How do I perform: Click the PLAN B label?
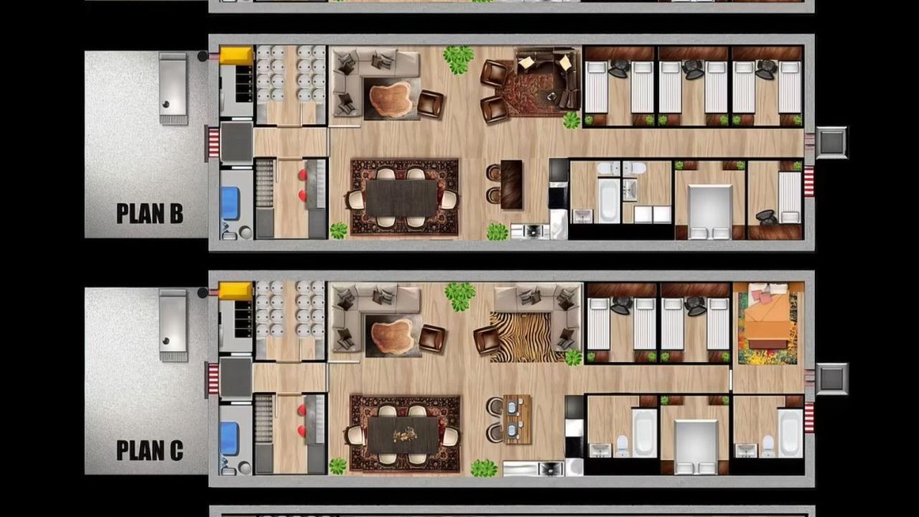(150, 213)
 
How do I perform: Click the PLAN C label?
(150, 450)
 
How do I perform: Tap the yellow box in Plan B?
(236, 56)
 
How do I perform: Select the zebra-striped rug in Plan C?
(526, 337)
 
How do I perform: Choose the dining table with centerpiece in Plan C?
(403, 435)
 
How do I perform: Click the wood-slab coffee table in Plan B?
(391, 100)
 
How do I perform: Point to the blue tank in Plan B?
(230, 203)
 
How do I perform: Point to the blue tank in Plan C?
(230, 438)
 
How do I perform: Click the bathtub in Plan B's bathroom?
(608, 200)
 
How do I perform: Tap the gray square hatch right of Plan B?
(831, 142)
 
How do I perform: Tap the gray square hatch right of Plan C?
(831, 378)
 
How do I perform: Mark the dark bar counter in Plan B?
(512, 185)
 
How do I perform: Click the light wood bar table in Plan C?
(518, 419)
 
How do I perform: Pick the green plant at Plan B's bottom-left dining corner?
(339, 230)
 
